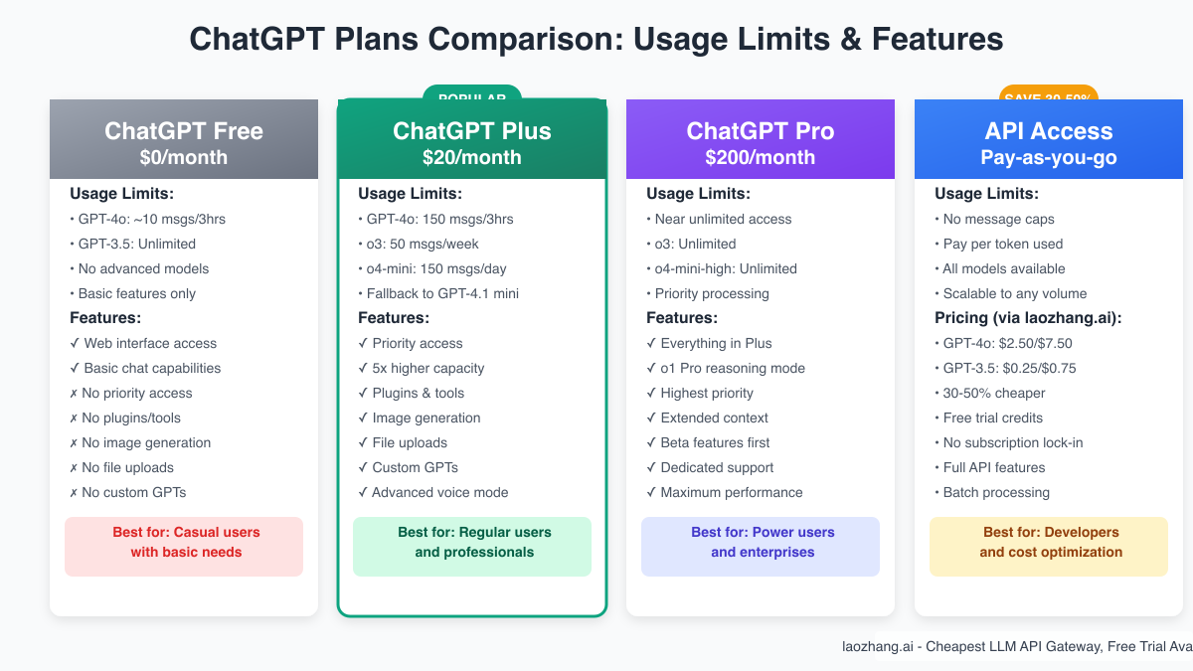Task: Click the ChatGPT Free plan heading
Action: click(x=184, y=131)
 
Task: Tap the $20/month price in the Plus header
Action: click(x=471, y=157)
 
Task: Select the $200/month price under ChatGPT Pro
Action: click(x=760, y=157)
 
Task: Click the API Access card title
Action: click(x=1048, y=131)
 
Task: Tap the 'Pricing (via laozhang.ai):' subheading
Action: click(x=1026, y=318)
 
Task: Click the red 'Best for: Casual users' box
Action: click(x=184, y=546)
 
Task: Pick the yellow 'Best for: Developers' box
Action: click(x=1049, y=546)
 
